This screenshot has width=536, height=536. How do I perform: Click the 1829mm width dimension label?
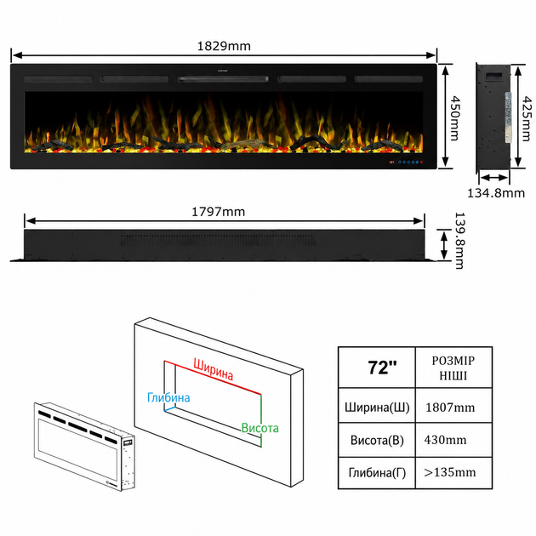(x=224, y=46)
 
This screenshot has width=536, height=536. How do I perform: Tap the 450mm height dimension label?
(x=454, y=118)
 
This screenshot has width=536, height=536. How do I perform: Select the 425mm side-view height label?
(x=527, y=118)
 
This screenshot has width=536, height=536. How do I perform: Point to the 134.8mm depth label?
(x=496, y=193)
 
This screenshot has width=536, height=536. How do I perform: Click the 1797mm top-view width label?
(x=218, y=212)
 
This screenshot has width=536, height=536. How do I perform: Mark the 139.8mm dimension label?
(x=459, y=241)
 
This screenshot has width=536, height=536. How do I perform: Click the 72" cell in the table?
(x=382, y=368)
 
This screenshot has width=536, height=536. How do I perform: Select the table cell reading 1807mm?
(x=450, y=408)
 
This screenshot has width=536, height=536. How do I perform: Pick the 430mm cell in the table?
(x=445, y=440)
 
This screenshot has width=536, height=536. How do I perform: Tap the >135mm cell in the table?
(x=449, y=472)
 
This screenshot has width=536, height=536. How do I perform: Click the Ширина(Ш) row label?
(x=377, y=408)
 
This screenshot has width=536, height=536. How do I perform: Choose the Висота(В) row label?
(x=377, y=440)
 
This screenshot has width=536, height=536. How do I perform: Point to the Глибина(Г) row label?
(x=377, y=473)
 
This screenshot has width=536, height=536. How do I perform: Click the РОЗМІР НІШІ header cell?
(x=453, y=368)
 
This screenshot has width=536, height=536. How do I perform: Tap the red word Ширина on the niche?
(x=214, y=369)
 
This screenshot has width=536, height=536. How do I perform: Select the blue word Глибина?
(x=168, y=397)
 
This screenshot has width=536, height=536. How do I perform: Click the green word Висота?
(x=259, y=428)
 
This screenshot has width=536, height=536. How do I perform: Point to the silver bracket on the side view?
(x=507, y=117)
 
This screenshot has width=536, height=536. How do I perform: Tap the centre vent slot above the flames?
(x=223, y=79)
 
